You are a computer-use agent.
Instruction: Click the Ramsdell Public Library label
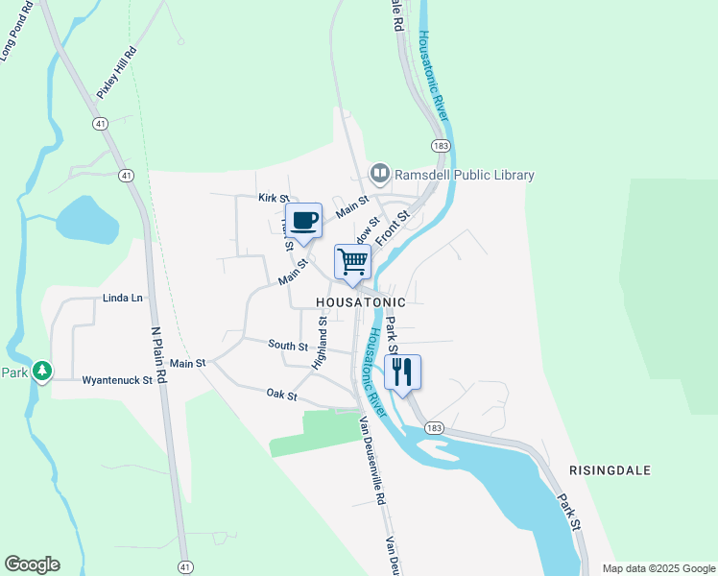pos(465,175)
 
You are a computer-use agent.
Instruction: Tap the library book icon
pos(380,174)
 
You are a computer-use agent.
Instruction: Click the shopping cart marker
pos(352,261)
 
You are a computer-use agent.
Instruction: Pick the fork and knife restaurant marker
pos(402,372)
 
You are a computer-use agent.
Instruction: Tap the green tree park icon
pos(42,371)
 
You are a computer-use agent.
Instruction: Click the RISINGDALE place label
pos(610,470)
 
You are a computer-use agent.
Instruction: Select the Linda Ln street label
pos(122,298)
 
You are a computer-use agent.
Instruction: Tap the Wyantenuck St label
pos(118,380)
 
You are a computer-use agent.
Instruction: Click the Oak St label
pos(281,395)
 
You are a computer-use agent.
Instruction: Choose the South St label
pos(288,345)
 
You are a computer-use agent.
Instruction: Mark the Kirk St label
pos(274,198)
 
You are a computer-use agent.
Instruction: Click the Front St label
pos(393,228)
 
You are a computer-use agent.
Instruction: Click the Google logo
pos(32,564)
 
